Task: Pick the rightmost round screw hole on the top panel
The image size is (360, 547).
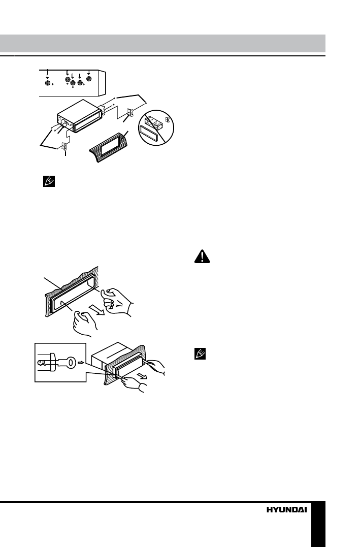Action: pyautogui.click(x=89, y=80)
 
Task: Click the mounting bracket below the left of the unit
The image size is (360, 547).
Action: pyautogui.click(x=64, y=148)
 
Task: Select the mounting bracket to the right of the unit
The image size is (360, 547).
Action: pyautogui.click(x=131, y=114)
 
